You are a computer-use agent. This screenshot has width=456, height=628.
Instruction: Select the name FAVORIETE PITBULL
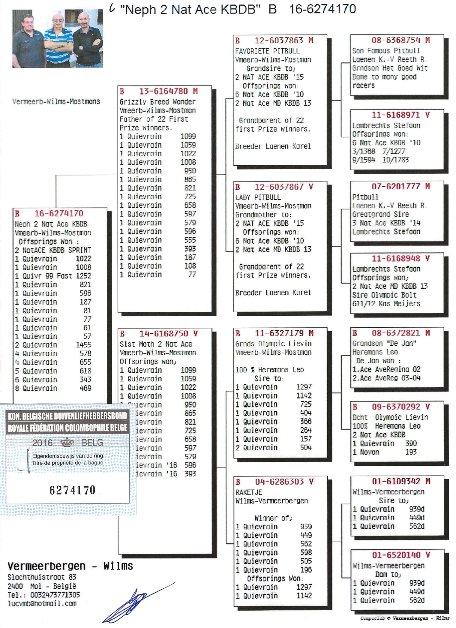click(x=267, y=51)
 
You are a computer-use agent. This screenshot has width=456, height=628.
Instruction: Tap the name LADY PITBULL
click(x=258, y=197)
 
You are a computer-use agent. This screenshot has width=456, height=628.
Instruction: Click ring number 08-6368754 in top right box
click(x=396, y=40)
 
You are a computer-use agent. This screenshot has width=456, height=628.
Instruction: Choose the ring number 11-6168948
click(x=396, y=259)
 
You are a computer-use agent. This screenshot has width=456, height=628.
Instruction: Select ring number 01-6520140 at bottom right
click(x=396, y=555)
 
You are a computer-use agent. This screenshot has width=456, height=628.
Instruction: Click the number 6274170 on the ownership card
click(x=72, y=490)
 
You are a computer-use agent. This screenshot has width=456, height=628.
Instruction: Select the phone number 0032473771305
click(x=55, y=595)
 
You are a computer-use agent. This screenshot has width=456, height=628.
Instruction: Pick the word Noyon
click(x=369, y=452)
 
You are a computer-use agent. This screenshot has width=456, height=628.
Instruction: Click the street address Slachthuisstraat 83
click(x=42, y=577)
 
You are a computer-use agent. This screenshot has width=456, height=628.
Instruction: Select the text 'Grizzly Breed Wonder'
click(x=157, y=102)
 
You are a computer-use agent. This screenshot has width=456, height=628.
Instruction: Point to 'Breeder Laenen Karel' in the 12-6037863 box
click(x=273, y=146)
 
